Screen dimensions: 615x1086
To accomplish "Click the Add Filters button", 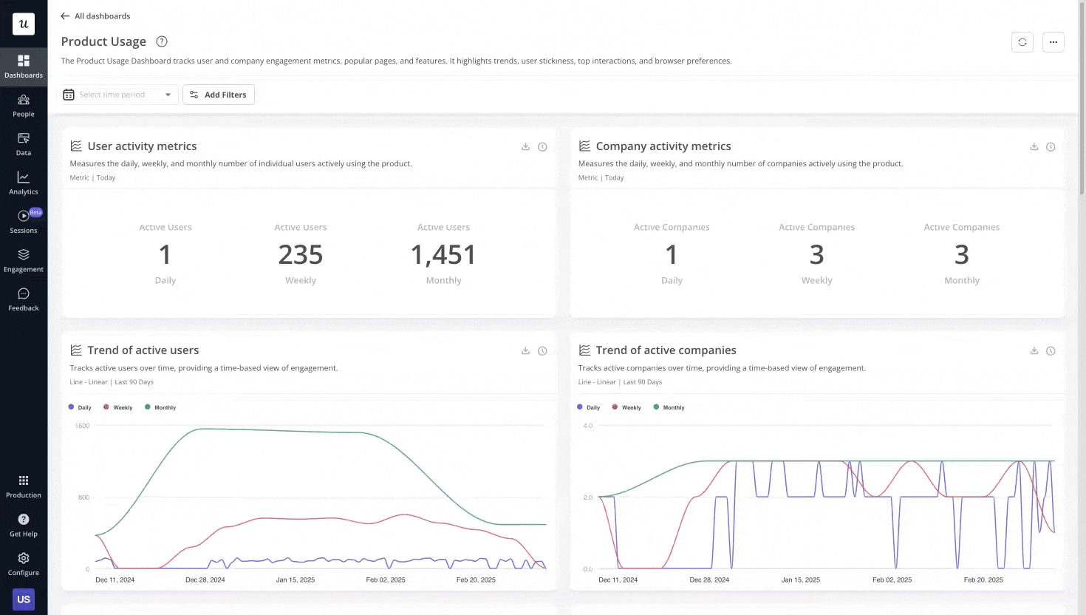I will click(219, 95).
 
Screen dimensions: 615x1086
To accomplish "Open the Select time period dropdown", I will click(118, 95).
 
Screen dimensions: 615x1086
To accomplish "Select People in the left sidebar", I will click(24, 105).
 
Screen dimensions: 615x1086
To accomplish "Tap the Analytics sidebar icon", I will click(24, 183).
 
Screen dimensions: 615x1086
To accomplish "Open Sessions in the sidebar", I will click(24, 221).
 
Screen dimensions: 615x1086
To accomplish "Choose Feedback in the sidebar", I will click(24, 299).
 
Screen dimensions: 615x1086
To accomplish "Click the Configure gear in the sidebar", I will click(24, 563).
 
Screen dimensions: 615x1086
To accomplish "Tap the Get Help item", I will click(24, 524).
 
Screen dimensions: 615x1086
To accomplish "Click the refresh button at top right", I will click(1022, 42).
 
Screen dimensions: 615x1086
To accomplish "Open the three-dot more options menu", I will click(1053, 42).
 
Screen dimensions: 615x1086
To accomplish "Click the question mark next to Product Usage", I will click(162, 41).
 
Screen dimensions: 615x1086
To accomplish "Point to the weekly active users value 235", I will click(301, 255).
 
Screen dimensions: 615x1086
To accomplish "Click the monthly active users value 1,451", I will click(443, 255).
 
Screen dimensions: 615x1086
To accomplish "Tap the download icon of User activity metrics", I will click(525, 146).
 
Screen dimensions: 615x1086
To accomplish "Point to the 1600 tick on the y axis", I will click(82, 426).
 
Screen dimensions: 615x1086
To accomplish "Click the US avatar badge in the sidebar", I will click(24, 599).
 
